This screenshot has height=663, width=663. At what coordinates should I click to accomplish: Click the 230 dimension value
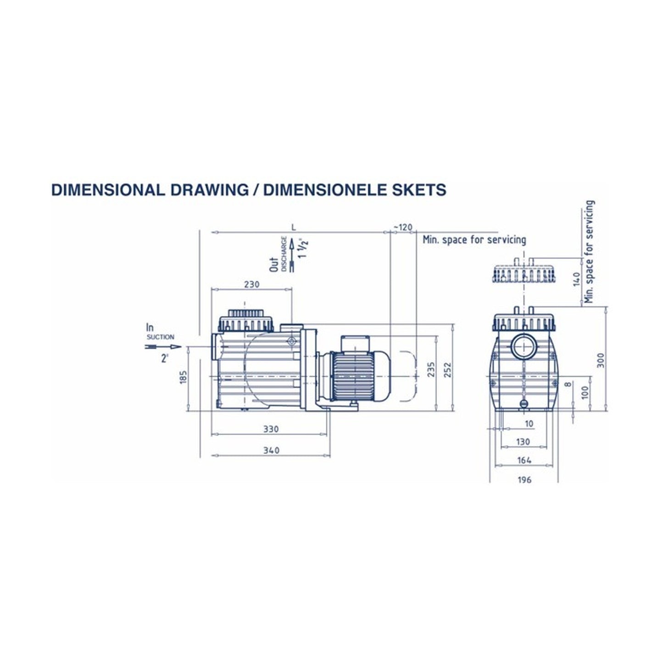[x=251, y=284]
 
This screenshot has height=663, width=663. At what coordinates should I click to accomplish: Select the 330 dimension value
[x=272, y=429]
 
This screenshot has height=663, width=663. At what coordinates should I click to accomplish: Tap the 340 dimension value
[x=272, y=451]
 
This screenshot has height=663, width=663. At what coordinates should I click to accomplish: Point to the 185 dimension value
[x=184, y=378]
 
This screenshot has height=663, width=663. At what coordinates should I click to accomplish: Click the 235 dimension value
[x=431, y=369]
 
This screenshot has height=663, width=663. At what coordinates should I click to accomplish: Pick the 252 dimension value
[x=448, y=369]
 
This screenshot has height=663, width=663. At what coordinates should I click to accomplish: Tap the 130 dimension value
[x=523, y=442]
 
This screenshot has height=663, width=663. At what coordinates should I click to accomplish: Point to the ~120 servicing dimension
[x=403, y=227]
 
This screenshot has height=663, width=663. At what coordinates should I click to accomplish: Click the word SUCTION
[x=160, y=337]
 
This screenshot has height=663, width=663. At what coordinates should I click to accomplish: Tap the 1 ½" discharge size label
[x=301, y=248]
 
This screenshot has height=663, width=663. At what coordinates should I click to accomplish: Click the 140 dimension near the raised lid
[x=577, y=278]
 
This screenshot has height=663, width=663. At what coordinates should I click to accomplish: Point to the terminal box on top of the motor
[x=355, y=342]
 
